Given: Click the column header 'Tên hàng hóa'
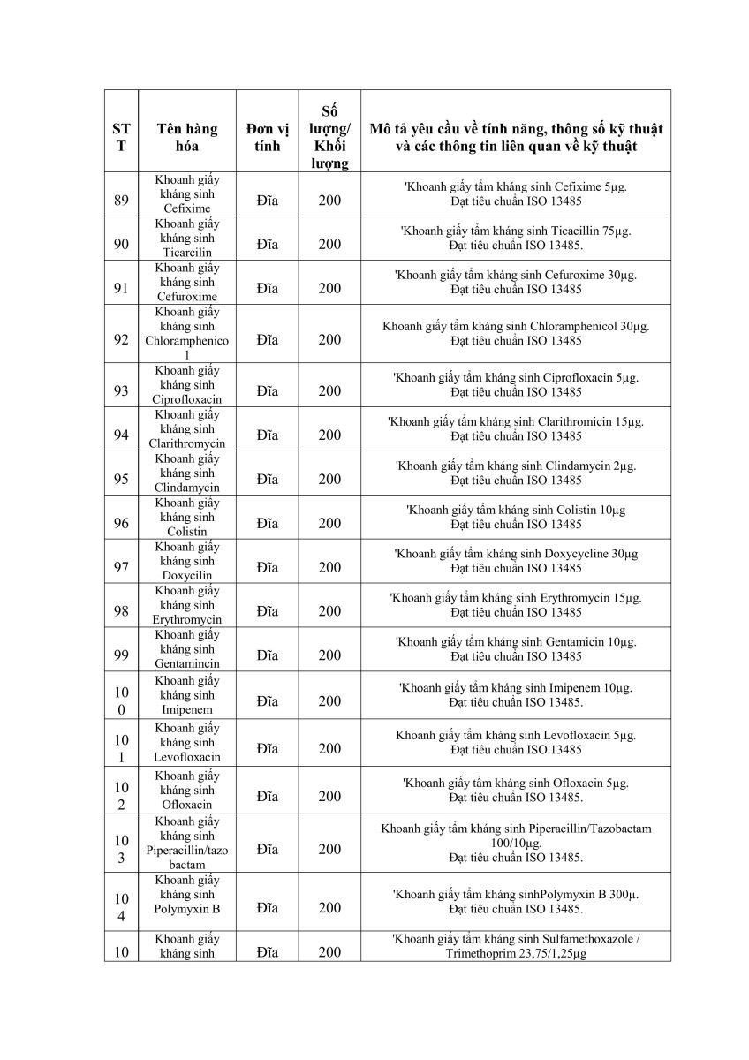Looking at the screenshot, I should pyautogui.click(x=187, y=137).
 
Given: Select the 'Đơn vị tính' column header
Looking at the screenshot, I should pyautogui.click(x=268, y=137).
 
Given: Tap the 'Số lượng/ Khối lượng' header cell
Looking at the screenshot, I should pyautogui.click(x=329, y=137).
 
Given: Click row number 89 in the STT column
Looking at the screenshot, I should pyautogui.click(x=121, y=201).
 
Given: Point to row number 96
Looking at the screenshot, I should pyautogui.click(x=121, y=523).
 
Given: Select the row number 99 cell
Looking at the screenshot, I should pyautogui.click(x=121, y=655).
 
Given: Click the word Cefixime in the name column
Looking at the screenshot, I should pyautogui.click(x=187, y=208).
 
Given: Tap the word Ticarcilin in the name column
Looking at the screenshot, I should pyautogui.click(x=187, y=253).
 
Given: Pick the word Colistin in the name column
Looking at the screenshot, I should pyautogui.click(x=187, y=532).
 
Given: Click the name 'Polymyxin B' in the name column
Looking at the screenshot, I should pyautogui.click(x=187, y=907).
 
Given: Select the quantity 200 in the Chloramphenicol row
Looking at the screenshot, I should pyautogui.click(x=329, y=339).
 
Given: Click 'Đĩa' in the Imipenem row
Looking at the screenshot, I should pyautogui.click(x=268, y=701).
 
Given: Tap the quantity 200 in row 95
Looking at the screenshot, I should pyautogui.click(x=329, y=479).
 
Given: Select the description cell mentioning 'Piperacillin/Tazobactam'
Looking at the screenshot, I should pyautogui.click(x=516, y=843).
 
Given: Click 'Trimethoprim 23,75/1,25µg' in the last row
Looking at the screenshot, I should pyautogui.click(x=516, y=955).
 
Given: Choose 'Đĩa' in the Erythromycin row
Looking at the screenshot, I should pyautogui.click(x=268, y=611).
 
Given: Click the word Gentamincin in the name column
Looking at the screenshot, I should pyautogui.click(x=187, y=663).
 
